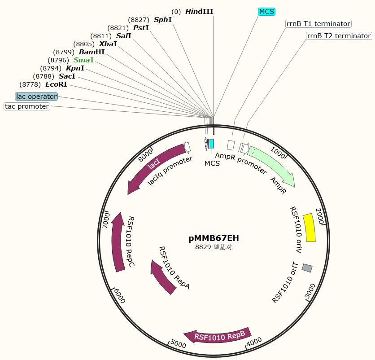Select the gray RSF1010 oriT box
click(307, 268)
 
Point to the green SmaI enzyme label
click(84, 60)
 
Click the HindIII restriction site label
click(199, 12)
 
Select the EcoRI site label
click(56, 84)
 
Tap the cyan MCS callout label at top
click(266, 12)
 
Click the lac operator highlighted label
click(36, 97)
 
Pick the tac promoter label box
click(27, 106)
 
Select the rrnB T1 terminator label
click(318, 24)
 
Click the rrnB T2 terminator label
click(339, 36)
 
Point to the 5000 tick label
click(178, 344)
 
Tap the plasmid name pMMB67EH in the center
click(214, 238)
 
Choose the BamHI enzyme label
click(92, 52)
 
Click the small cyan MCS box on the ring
click(212, 144)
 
